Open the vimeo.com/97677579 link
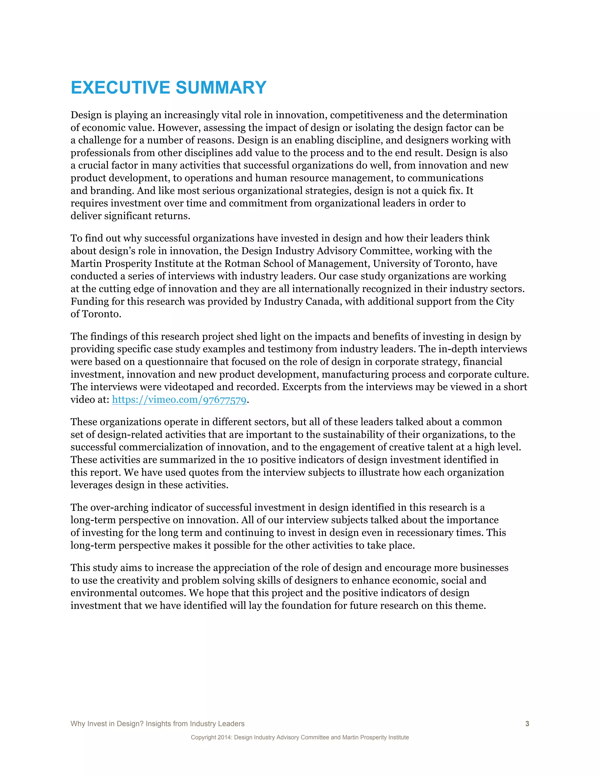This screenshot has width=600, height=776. pyautogui.click(x=179, y=400)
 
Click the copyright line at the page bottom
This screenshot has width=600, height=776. pyautogui.click(x=300, y=737)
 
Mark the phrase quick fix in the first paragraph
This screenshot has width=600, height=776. pyautogui.click(x=441, y=191)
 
